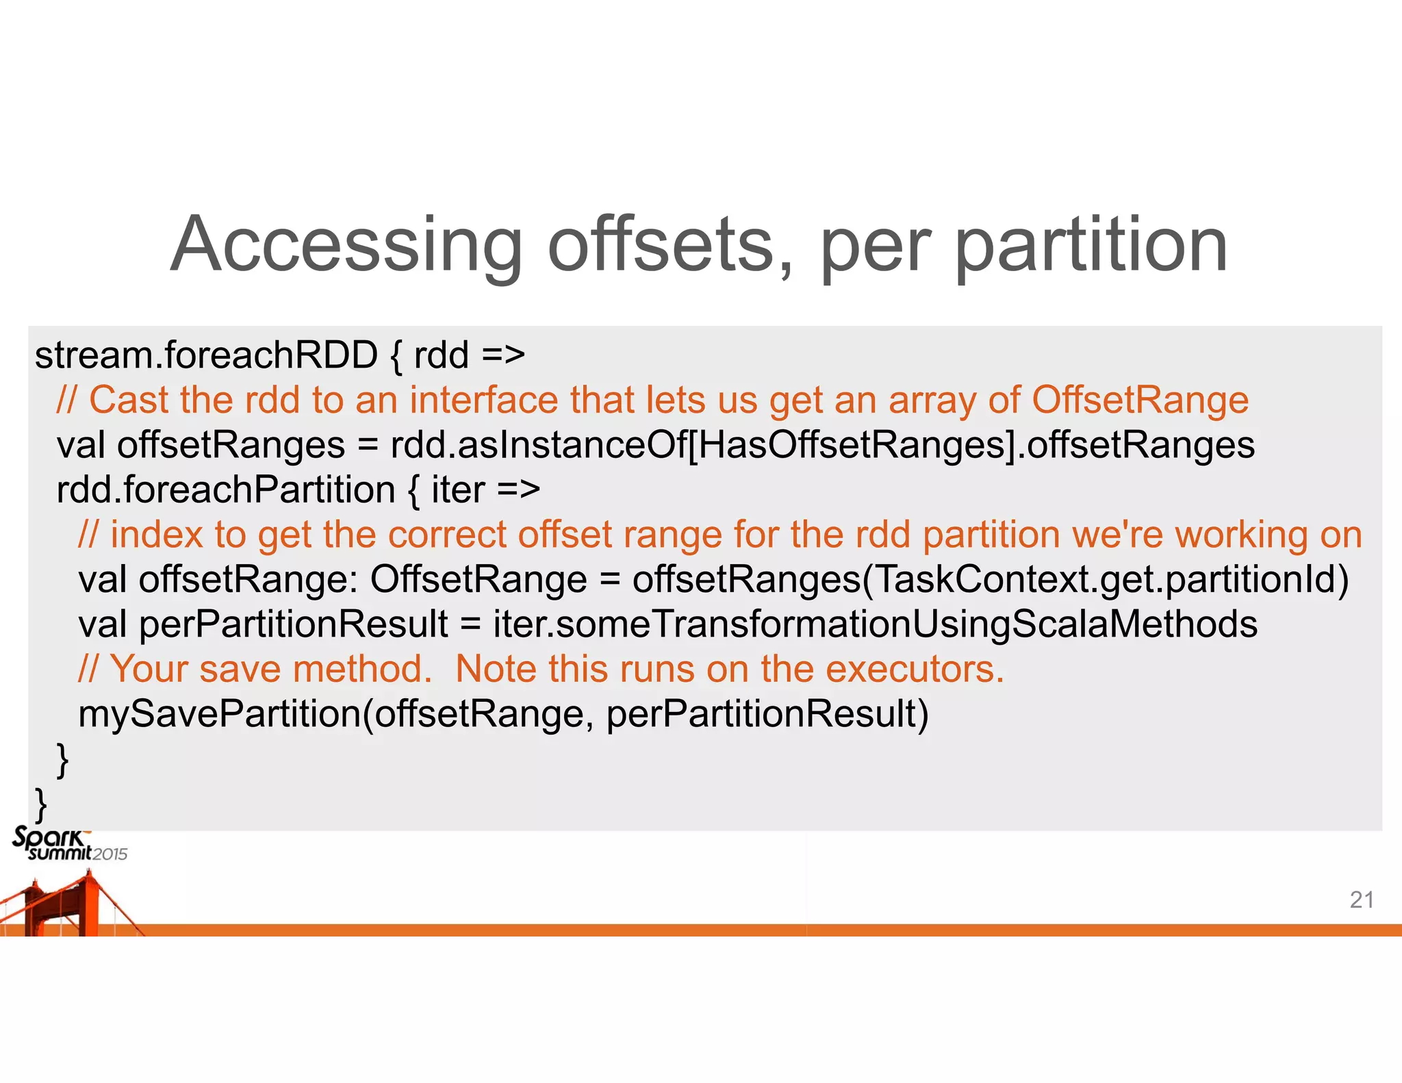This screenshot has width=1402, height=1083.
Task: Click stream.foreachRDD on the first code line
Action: [205, 355]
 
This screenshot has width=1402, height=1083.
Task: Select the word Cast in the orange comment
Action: [128, 400]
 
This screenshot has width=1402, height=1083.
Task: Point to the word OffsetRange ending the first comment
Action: [1140, 400]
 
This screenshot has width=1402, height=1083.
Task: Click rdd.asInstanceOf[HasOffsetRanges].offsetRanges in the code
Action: [822, 445]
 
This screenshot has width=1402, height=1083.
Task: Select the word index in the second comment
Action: [157, 535]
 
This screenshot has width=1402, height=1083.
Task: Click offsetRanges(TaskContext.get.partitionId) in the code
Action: [990, 580]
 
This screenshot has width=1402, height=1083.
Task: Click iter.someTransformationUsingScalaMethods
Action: [875, 624]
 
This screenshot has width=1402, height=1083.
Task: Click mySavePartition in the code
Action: [219, 714]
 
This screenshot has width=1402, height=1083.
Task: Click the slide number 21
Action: [1362, 900]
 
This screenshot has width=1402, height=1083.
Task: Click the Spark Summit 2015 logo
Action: [68, 844]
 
